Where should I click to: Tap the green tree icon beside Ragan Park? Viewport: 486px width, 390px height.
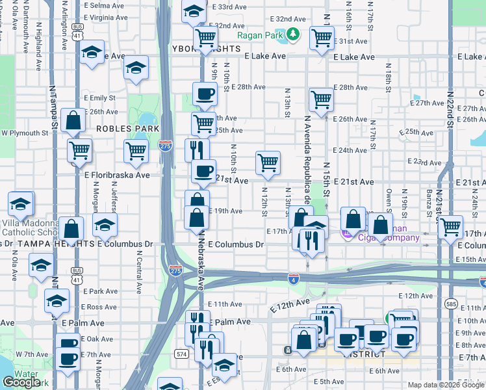tap(293, 34)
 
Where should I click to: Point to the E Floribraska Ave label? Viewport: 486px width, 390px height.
tap(117, 175)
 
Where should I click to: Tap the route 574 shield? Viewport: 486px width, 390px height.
tap(181, 353)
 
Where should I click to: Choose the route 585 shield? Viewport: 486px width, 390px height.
tap(452, 304)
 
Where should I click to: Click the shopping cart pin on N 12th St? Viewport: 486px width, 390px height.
tap(268, 163)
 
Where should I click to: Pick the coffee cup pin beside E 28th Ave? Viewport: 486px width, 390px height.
tap(205, 92)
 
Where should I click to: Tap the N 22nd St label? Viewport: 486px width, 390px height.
tap(449, 110)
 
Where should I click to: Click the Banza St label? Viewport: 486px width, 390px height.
tap(429, 201)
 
